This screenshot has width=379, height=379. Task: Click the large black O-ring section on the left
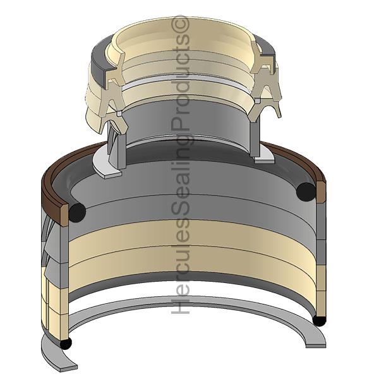click(77, 212)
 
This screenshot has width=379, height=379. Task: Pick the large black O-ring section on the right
click(306, 192)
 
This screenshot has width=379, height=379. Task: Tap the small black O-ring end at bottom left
click(66, 344)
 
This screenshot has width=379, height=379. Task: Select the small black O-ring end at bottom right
click(319, 320)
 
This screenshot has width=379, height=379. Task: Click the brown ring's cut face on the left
click(64, 215)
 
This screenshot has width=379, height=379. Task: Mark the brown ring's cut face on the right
click(321, 193)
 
